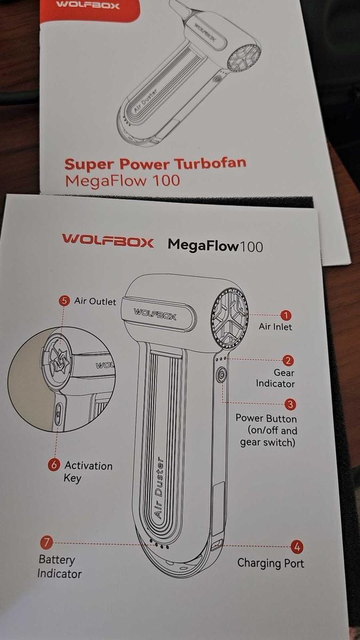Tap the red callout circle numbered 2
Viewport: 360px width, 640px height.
click(288, 361)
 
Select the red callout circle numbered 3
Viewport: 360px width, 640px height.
click(291, 405)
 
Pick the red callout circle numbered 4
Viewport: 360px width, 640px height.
click(297, 547)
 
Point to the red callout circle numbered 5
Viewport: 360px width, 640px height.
click(65, 301)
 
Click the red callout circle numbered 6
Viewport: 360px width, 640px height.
click(54, 465)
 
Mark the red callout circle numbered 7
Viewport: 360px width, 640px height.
click(46, 543)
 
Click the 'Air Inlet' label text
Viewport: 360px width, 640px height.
click(275, 326)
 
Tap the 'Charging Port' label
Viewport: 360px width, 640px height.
click(270, 563)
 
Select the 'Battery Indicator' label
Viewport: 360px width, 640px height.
click(59, 567)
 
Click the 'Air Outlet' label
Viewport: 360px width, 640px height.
click(95, 301)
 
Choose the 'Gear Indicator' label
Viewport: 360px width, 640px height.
click(276, 378)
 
